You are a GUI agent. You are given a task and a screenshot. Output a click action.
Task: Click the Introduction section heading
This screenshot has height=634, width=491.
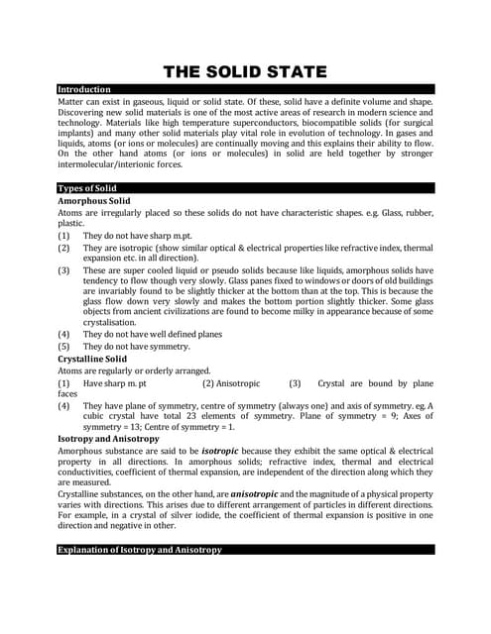(84, 89)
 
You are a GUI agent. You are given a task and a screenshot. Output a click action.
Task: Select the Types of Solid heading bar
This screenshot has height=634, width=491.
(87, 188)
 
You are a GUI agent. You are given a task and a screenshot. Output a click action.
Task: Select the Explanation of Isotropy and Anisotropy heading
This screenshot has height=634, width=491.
(140, 549)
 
